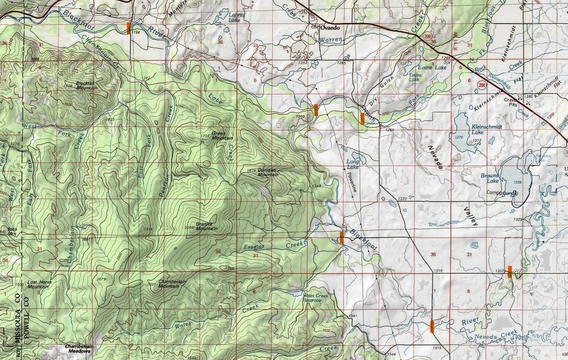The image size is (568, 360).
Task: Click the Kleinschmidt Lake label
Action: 486,128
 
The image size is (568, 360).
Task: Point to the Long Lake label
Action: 353,165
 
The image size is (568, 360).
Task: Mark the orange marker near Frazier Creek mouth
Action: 341,237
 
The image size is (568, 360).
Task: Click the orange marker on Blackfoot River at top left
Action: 129,28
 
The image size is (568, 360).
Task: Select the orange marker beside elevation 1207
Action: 510,271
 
